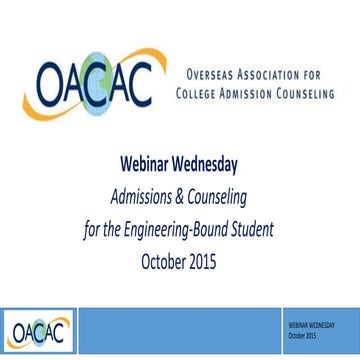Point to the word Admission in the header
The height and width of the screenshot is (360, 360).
(x=261, y=94)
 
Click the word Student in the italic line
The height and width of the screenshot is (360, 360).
(x=251, y=219)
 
